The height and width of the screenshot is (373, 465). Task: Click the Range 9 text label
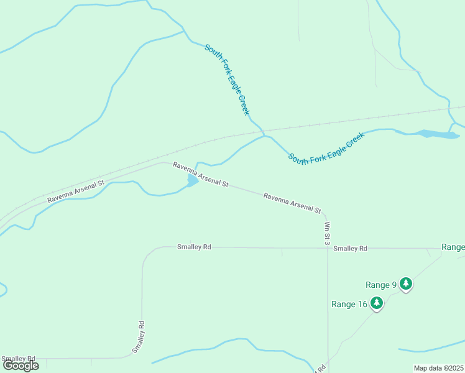click(x=381, y=285)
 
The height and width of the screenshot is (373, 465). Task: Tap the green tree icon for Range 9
click(x=406, y=284)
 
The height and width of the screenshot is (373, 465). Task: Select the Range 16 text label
click(x=349, y=304)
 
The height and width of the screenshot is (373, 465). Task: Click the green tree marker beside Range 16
click(x=376, y=303)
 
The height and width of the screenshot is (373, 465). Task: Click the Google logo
click(x=21, y=366)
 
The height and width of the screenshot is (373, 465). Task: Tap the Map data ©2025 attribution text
click(x=438, y=368)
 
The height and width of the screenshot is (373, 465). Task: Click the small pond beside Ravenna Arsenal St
click(x=192, y=180)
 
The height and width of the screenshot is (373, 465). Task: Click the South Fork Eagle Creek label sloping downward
click(x=227, y=79)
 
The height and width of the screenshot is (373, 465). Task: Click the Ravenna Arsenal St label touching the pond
click(x=201, y=175)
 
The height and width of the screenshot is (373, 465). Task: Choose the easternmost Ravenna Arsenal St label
click(x=292, y=203)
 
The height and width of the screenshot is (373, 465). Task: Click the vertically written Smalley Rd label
click(x=139, y=337)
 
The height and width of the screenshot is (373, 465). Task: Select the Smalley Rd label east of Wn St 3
click(x=350, y=249)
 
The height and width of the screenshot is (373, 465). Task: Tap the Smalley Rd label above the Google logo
click(x=19, y=359)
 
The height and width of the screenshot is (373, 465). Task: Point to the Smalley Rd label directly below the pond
click(x=194, y=247)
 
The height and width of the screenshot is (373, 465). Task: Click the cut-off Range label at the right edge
click(x=453, y=247)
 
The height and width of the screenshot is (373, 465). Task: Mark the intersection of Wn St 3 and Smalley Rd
click(x=328, y=248)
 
